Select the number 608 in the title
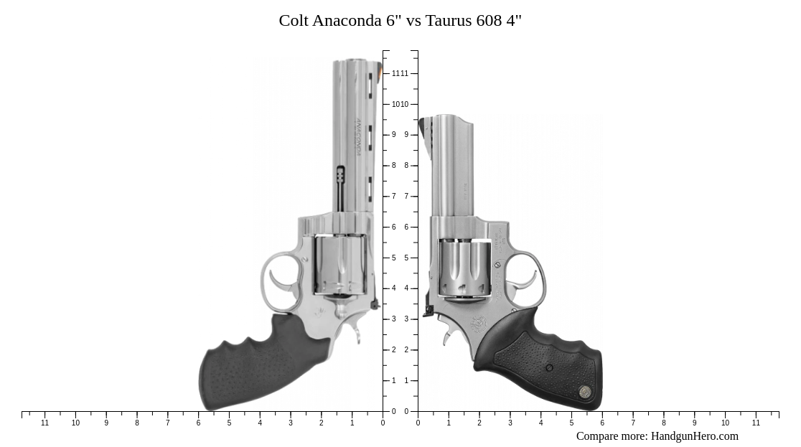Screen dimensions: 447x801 pyautogui.click(x=489, y=20)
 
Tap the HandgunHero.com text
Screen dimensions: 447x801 pyautogui.click(x=694, y=436)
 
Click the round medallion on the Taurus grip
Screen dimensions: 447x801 pyautogui.click(x=585, y=392)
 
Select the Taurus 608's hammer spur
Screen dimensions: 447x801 pyautogui.click(x=428, y=311)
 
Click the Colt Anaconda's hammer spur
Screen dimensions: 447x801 pyautogui.click(x=375, y=305)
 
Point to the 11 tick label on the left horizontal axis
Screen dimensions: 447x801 pyautogui.click(x=45, y=423)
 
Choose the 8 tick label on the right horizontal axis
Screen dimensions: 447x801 pyautogui.click(x=663, y=423)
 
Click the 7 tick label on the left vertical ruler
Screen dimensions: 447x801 pyautogui.click(x=393, y=196)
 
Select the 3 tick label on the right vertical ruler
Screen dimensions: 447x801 pyautogui.click(x=406, y=319)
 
